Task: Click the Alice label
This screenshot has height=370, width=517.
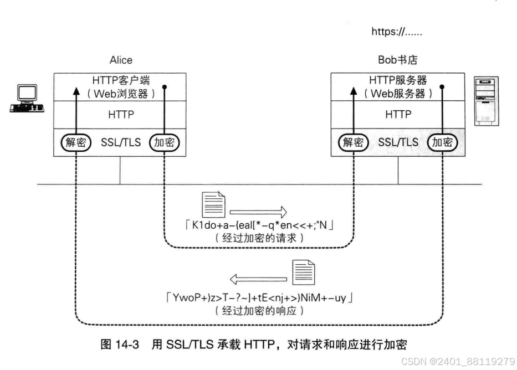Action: (121, 60)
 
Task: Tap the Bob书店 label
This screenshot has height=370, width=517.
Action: (398, 60)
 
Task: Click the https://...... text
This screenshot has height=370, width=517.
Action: (397, 32)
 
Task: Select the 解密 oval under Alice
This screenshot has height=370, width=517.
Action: (75, 142)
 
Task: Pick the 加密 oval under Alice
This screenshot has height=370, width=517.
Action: (165, 142)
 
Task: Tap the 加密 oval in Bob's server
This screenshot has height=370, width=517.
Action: (443, 142)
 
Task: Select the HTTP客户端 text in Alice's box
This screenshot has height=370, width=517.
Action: (121, 81)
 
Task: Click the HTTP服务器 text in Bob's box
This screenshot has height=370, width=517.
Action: (398, 81)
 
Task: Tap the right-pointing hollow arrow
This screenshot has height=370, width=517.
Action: (258, 212)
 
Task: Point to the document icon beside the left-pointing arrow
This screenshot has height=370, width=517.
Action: (303, 272)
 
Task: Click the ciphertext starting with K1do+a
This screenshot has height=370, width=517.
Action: (258, 227)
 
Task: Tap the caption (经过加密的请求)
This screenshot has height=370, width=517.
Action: (258, 239)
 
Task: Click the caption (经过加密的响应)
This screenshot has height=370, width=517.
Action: (258, 311)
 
